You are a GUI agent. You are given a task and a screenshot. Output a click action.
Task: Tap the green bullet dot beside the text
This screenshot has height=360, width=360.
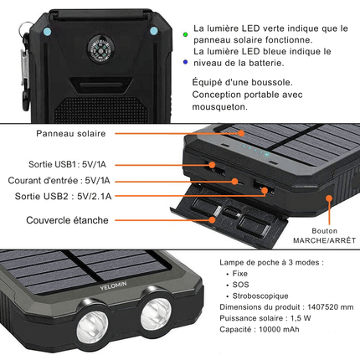tap(185, 33)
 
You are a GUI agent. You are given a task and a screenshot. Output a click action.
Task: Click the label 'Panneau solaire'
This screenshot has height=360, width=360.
tap(69, 133)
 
